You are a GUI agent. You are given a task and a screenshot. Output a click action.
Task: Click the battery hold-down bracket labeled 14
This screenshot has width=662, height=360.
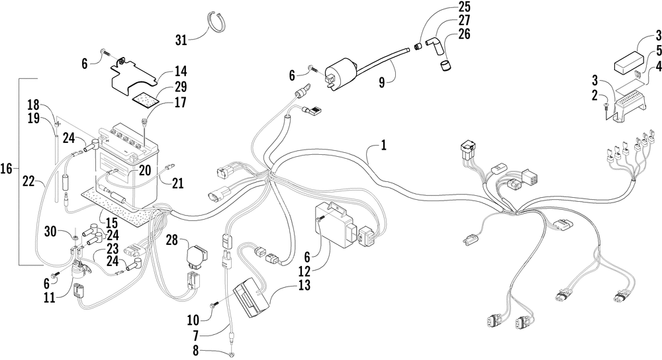coord(133,74)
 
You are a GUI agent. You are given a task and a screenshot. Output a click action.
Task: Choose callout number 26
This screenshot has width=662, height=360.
coord(464,34)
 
